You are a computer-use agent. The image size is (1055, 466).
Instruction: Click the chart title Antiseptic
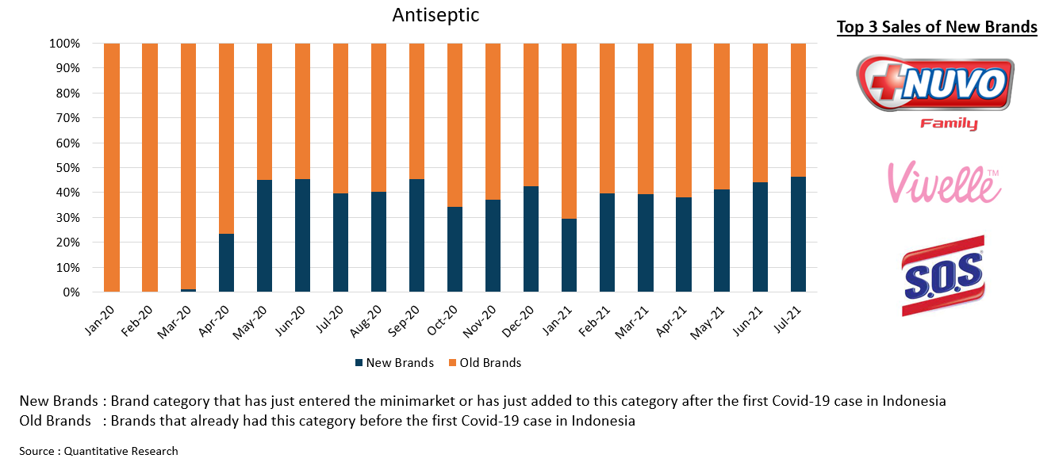(435, 15)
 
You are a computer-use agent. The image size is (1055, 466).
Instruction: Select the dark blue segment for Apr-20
(226, 262)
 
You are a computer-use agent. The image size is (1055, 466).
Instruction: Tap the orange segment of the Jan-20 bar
(112, 166)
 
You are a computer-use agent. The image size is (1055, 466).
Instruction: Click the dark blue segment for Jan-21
(570, 255)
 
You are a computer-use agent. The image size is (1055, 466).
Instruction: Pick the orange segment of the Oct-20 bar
(455, 125)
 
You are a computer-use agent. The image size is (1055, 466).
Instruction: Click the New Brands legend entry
(393, 363)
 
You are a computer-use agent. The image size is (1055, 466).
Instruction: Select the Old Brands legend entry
(484, 363)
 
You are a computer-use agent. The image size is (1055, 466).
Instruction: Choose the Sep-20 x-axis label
(410, 323)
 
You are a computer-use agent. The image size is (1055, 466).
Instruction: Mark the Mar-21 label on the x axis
(639, 323)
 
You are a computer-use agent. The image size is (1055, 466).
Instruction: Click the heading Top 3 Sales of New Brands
(937, 28)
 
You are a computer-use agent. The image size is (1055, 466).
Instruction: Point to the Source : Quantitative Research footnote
(99, 451)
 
